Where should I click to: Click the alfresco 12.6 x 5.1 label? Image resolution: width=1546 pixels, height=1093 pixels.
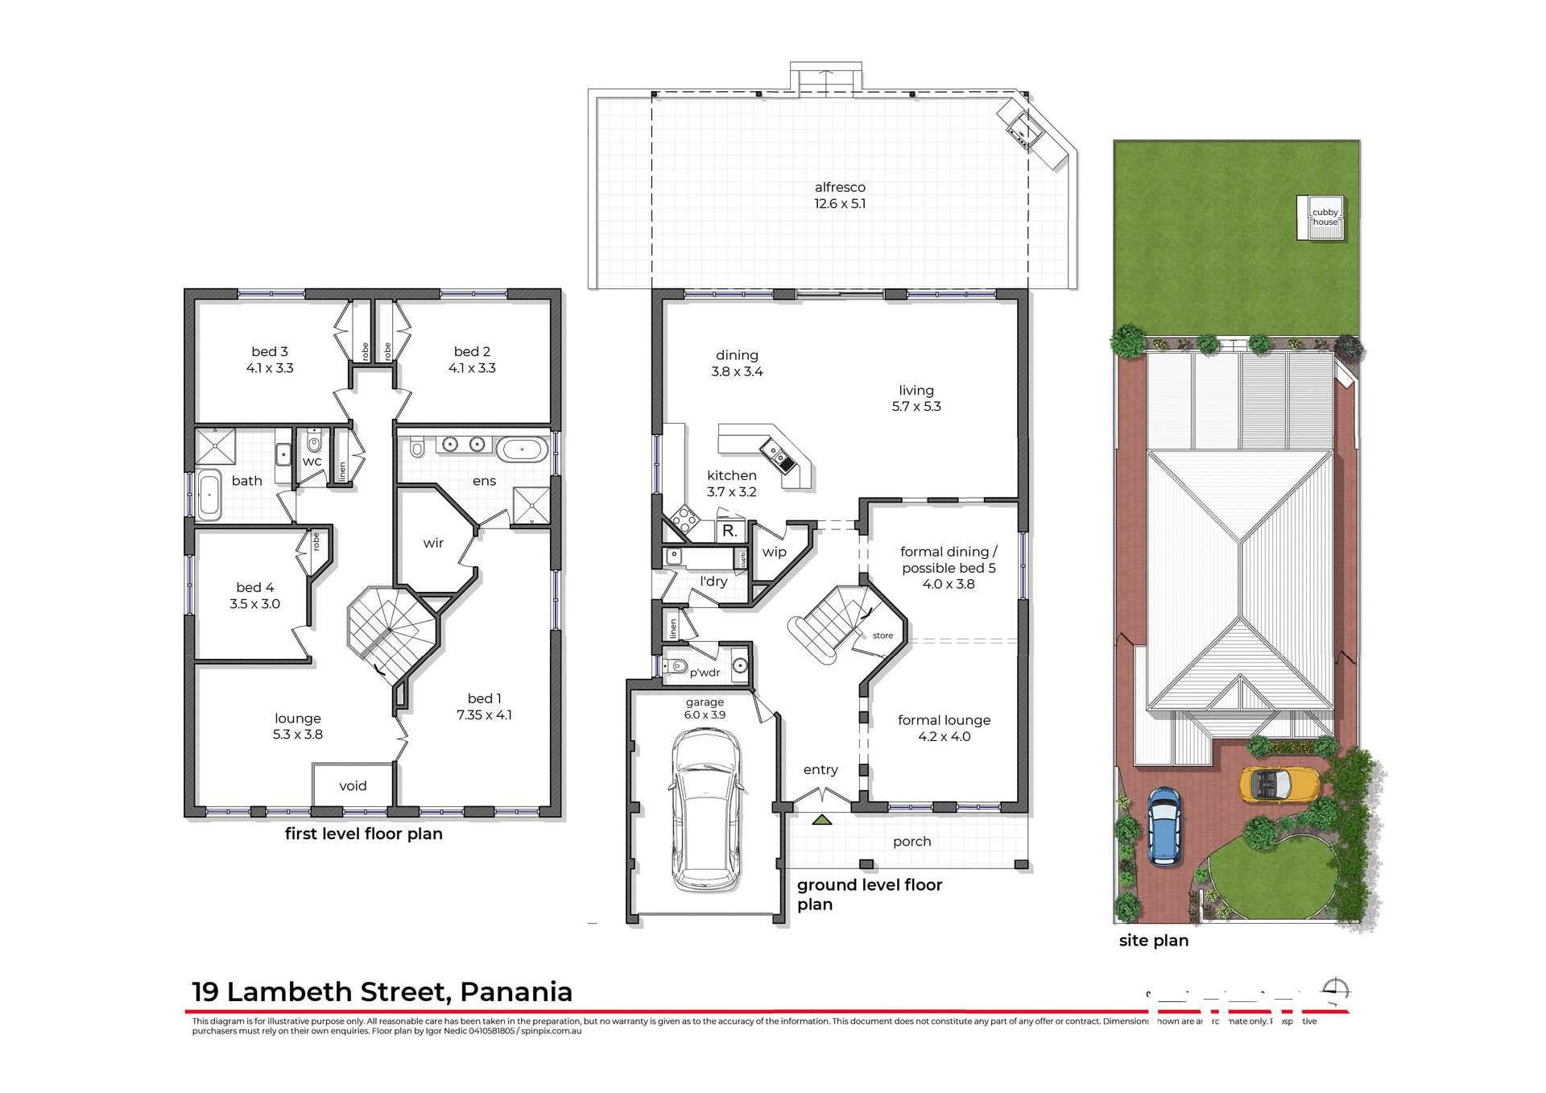(839, 196)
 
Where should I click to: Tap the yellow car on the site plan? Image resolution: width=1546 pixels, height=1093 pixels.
(1279, 784)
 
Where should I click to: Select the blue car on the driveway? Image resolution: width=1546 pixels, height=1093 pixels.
(1164, 826)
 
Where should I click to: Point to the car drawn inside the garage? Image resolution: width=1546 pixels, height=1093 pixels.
(705, 809)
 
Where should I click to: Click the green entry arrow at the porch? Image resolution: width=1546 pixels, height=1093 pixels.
(821, 820)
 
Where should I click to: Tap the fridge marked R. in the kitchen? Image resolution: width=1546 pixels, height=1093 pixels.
(730, 531)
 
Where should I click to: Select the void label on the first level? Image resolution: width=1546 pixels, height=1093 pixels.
(353, 785)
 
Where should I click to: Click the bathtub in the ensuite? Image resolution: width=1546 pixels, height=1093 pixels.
(522, 449)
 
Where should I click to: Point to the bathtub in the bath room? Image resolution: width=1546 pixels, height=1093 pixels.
(209, 494)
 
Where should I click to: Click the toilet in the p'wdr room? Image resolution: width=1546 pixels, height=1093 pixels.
(677, 666)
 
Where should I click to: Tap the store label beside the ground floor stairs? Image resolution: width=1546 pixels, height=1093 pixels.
(883, 636)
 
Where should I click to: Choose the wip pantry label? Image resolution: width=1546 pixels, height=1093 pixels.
(774, 552)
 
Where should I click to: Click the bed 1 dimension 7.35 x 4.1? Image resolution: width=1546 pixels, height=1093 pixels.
(484, 715)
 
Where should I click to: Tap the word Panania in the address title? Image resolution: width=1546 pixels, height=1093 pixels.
(515, 992)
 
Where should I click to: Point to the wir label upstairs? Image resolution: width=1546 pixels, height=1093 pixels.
(433, 543)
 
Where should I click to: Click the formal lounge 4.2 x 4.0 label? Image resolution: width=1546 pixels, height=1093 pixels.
(944, 728)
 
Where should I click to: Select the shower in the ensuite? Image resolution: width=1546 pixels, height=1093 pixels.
(531, 505)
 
